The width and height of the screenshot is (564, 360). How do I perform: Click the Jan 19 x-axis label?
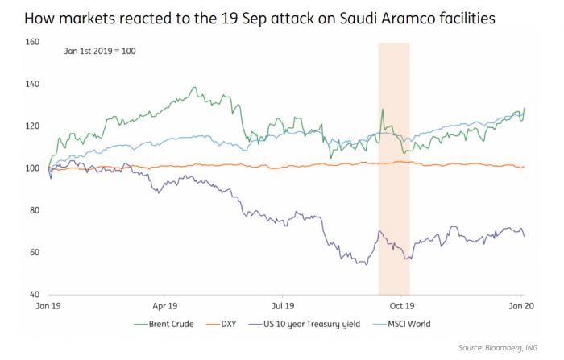click(48, 307)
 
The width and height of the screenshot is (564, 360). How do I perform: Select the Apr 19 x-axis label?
click(164, 307)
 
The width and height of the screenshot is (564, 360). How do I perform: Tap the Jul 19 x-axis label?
click(283, 307)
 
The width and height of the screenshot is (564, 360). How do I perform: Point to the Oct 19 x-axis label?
click(401, 307)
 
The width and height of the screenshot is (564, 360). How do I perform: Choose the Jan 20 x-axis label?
click(517, 307)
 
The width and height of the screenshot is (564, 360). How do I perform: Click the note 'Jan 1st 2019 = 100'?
click(102, 51)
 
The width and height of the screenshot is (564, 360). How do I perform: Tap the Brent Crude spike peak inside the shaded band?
click(382, 110)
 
